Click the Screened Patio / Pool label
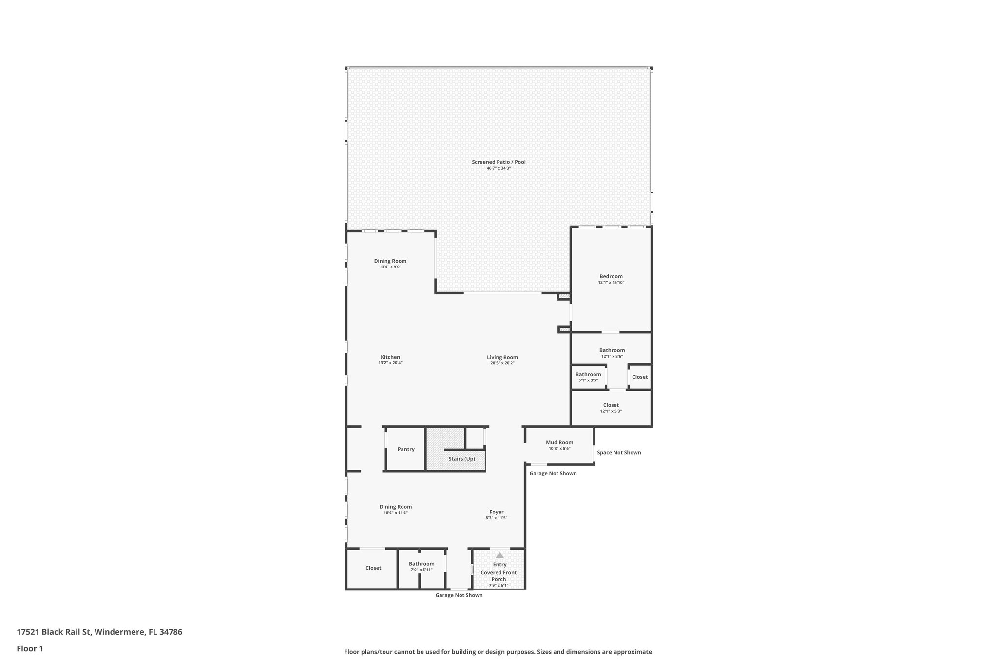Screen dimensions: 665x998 tap(499, 162)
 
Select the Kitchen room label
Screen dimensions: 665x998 tap(390, 357)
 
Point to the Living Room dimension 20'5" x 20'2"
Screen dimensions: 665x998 tap(502, 363)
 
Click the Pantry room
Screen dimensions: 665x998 tap(406, 449)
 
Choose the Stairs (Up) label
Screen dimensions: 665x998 tap(461, 459)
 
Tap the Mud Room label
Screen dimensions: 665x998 tap(559, 442)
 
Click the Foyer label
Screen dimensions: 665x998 tap(497, 512)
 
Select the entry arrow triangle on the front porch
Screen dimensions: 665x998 tap(499, 555)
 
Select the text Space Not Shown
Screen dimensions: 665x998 tap(619, 453)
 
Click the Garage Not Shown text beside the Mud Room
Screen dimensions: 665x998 tap(553, 474)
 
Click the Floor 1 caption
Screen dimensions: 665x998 tap(30, 649)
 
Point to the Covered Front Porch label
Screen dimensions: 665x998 tap(499, 576)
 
